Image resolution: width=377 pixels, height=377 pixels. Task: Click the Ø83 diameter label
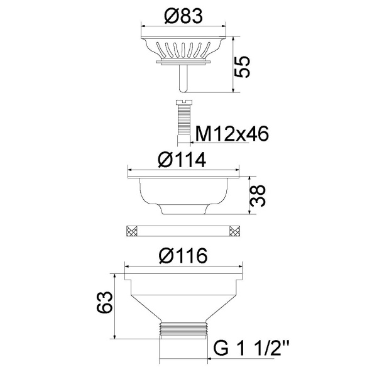pyautogui.click(x=183, y=16)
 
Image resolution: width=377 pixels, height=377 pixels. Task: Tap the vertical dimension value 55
pyautogui.click(x=242, y=67)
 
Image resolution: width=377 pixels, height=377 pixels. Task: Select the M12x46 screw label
pyautogui.click(x=232, y=133)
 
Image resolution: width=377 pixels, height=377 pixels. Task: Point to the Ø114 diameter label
pyautogui.click(x=182, y=160)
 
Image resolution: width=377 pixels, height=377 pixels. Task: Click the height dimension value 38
pyautogui.click(x=257, y=195)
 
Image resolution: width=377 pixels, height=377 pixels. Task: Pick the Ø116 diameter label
pyautogui.click(x=183, y=256)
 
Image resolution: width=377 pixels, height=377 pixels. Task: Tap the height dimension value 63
pyautogui.click(x=104, y=302)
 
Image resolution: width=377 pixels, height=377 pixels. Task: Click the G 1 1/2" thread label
pyautogui.click(x=251, y=349)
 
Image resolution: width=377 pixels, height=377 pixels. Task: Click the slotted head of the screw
pyautogui.click(x=183, y=102)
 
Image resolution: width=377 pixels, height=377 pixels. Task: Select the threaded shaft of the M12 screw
pyautogui.click(x=183, y=120)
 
